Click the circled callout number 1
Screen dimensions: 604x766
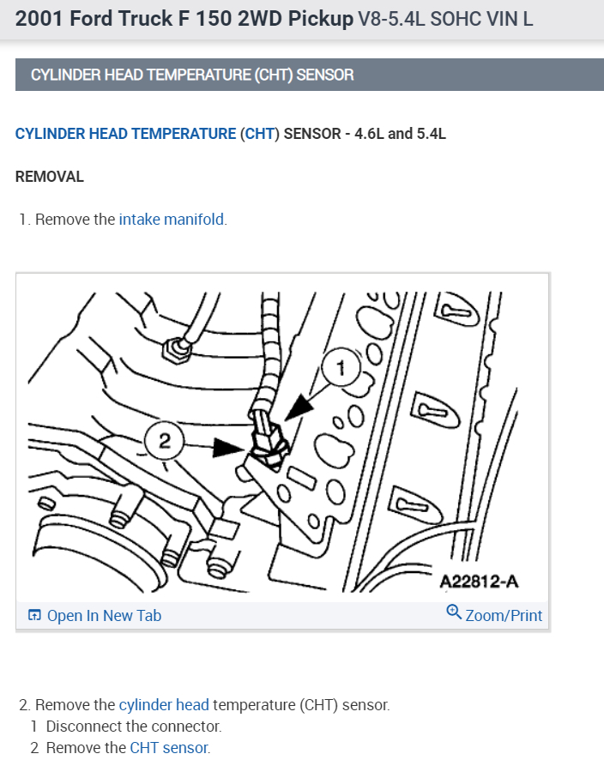[x=340, y=370]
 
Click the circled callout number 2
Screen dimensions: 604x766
[x=163, y=443]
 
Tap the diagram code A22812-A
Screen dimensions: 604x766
[x=479, y=582]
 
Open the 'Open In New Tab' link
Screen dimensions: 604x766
[x=103, y=616]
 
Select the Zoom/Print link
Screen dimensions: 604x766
[x=504, y=616]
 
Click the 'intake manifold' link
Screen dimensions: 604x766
[x=172, y=220]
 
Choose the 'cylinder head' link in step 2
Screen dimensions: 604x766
[x=164, y=705]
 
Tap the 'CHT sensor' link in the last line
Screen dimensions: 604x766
[x=169, y=747]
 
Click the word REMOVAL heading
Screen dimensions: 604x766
[x=50, y=177]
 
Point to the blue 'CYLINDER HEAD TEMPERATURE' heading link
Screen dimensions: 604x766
[x=125, y=134]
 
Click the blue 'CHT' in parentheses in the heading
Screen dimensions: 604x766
[x=259, y=134]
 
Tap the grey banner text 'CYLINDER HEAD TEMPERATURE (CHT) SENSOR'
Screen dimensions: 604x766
[x=192, y=75]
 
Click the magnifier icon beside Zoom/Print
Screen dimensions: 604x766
[x=454, y=613]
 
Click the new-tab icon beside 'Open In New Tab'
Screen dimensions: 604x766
[x=34, y=616]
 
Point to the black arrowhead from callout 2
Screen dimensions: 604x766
[x=229, y=446]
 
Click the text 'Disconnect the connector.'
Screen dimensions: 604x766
[x=134, y=727]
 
